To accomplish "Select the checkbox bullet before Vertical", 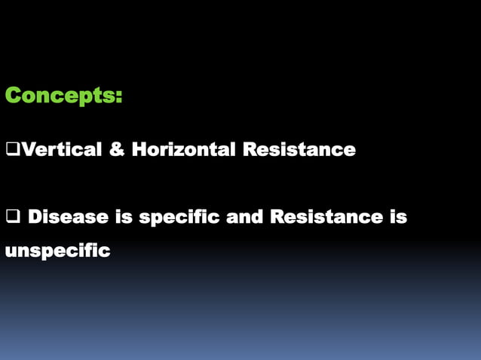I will pyautogui.click(x=11, y=150).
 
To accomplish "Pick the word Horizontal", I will pyautogui.click(x=183, y=150).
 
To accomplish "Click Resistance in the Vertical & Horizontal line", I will pyautogui.click(x=299, y=150).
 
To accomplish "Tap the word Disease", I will pyautogui.click(x=68, y=218).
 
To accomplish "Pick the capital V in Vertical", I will pyautogui.click(x=25, y=150).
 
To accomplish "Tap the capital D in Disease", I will pyautogui.click(x=35, y=218).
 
